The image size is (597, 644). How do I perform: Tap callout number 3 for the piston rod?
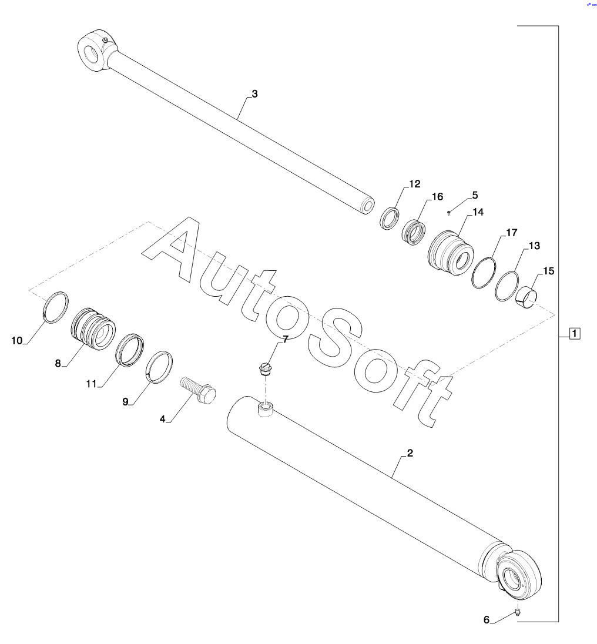click(254, 93)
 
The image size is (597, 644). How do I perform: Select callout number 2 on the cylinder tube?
click(410, 453)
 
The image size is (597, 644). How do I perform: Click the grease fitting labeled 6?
click(518, 613)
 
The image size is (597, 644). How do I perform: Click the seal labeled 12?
click(389, 219)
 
